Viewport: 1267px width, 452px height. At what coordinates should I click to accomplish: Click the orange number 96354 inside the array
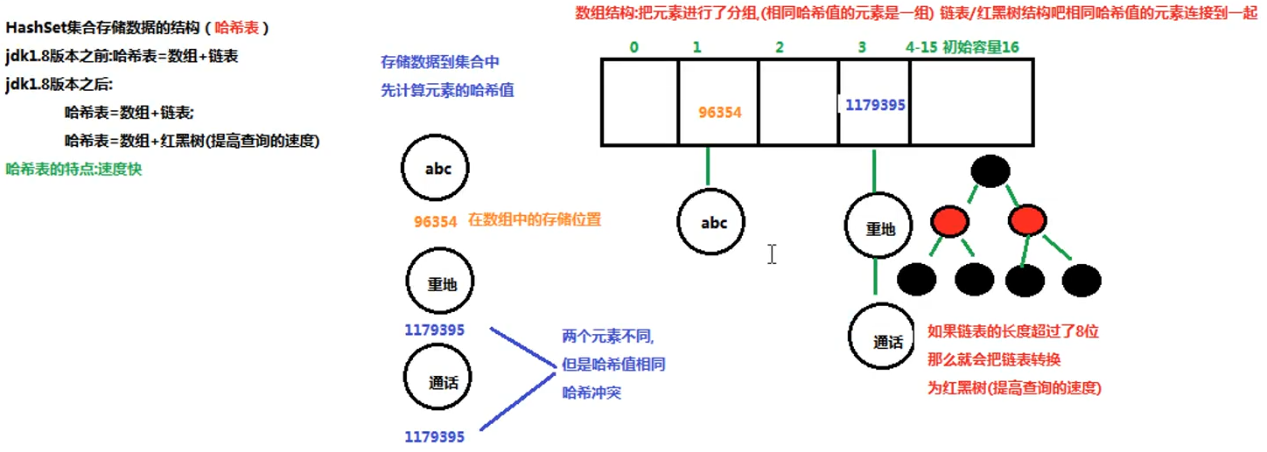tap(719, 112)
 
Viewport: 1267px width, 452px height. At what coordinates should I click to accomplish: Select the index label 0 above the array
tap(633, 47)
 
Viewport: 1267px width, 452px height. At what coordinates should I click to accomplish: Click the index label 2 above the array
tap(779, 47)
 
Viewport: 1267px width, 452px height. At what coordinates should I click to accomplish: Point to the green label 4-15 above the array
tap(922, 47)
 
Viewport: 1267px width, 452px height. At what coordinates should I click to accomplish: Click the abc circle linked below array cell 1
tap(714, 222)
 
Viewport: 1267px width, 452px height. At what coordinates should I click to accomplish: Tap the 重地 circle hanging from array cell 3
tap(879, 229)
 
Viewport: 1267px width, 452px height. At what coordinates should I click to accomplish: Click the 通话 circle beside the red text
tap(885, 342)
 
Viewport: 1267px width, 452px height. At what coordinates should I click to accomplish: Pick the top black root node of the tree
tap(990, 170)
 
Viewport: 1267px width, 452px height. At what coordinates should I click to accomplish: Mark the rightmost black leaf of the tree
tap(1081, 280)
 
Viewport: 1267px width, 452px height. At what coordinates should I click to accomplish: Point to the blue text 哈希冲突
tap(591, 393)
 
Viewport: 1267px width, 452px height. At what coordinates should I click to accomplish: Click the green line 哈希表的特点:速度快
tap(73, 169)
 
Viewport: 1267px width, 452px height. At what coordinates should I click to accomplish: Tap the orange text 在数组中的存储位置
tap(535, 220)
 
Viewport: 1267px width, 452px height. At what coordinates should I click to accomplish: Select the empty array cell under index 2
tap(798, 102)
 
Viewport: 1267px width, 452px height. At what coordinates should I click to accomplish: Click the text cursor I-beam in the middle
tap(772, 254)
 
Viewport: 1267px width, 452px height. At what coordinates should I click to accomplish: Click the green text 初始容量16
tap(980, 47)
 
